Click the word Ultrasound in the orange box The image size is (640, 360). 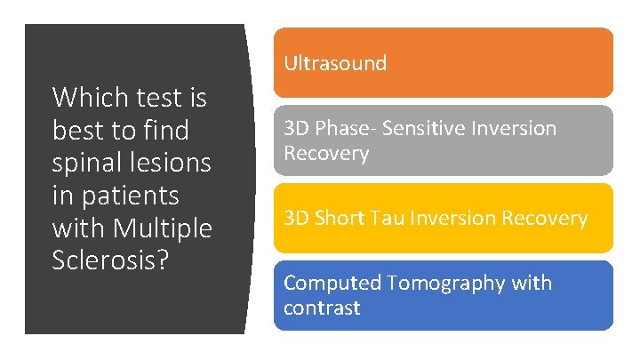click(335, 63)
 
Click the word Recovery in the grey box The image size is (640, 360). click(325, 154)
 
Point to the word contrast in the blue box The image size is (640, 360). click(322, 308)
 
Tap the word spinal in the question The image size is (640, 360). click(88, 163)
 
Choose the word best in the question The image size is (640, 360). click(77, 130)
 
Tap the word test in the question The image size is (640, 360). click(159, 97)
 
